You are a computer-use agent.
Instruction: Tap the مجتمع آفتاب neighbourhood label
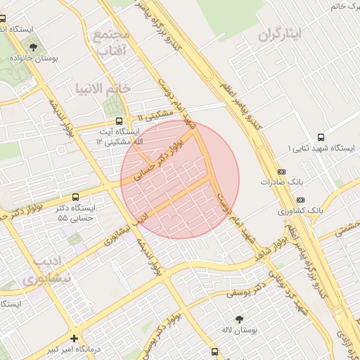[111, 43]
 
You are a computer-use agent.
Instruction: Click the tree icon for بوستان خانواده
[33, 47]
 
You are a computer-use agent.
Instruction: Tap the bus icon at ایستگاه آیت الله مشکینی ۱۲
[119, 121]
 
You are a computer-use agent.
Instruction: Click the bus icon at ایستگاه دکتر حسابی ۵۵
[76, 197]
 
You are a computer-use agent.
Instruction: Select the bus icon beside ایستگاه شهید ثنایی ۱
[321, 137]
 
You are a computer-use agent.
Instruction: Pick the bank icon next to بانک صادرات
[282, 171]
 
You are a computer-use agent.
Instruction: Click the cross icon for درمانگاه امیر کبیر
[75, 339]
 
